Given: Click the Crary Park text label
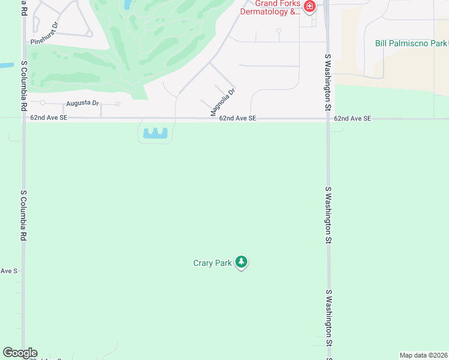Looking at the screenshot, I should [212, 263].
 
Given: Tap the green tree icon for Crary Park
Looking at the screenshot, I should [241, 262].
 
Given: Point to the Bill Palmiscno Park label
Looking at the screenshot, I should [411, 43].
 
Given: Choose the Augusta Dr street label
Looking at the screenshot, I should [82, 103].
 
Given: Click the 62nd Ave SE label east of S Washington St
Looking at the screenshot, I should [353, 119].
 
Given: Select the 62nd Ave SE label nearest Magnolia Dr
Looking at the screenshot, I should [238, 119].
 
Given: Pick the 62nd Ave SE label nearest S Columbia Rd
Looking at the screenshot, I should [49, 118].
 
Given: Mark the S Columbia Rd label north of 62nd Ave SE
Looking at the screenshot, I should [24, 85].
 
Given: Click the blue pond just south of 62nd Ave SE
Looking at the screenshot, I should [155, 133].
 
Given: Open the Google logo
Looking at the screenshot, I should [20, 353].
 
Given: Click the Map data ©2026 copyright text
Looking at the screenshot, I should [423, 355].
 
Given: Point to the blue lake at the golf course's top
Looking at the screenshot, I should [128, 5].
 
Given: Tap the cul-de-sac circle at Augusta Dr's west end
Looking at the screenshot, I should [43, 103].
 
